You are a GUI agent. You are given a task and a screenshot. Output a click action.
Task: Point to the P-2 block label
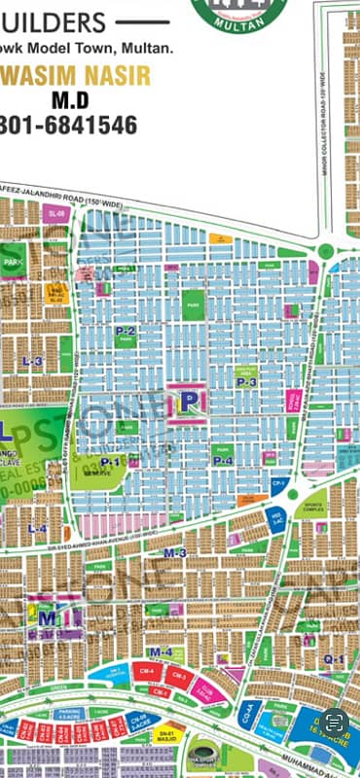[x=126, y=332]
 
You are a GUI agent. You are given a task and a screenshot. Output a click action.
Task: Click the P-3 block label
[x=246, y=382]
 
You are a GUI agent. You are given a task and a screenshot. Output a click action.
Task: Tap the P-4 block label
[x=223, y=460]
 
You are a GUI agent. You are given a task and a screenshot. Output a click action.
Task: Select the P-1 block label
[x=109, y=461]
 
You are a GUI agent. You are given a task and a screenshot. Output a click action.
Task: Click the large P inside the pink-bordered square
[x=190, y=400]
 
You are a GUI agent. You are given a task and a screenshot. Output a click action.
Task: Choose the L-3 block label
[x=32, y=362]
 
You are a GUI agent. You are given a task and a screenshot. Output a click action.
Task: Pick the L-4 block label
[x=37, y=529]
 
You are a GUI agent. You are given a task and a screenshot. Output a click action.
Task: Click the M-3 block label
[x=175, y=552]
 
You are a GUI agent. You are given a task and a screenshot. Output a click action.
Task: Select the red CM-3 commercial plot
[x=178, y=674]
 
